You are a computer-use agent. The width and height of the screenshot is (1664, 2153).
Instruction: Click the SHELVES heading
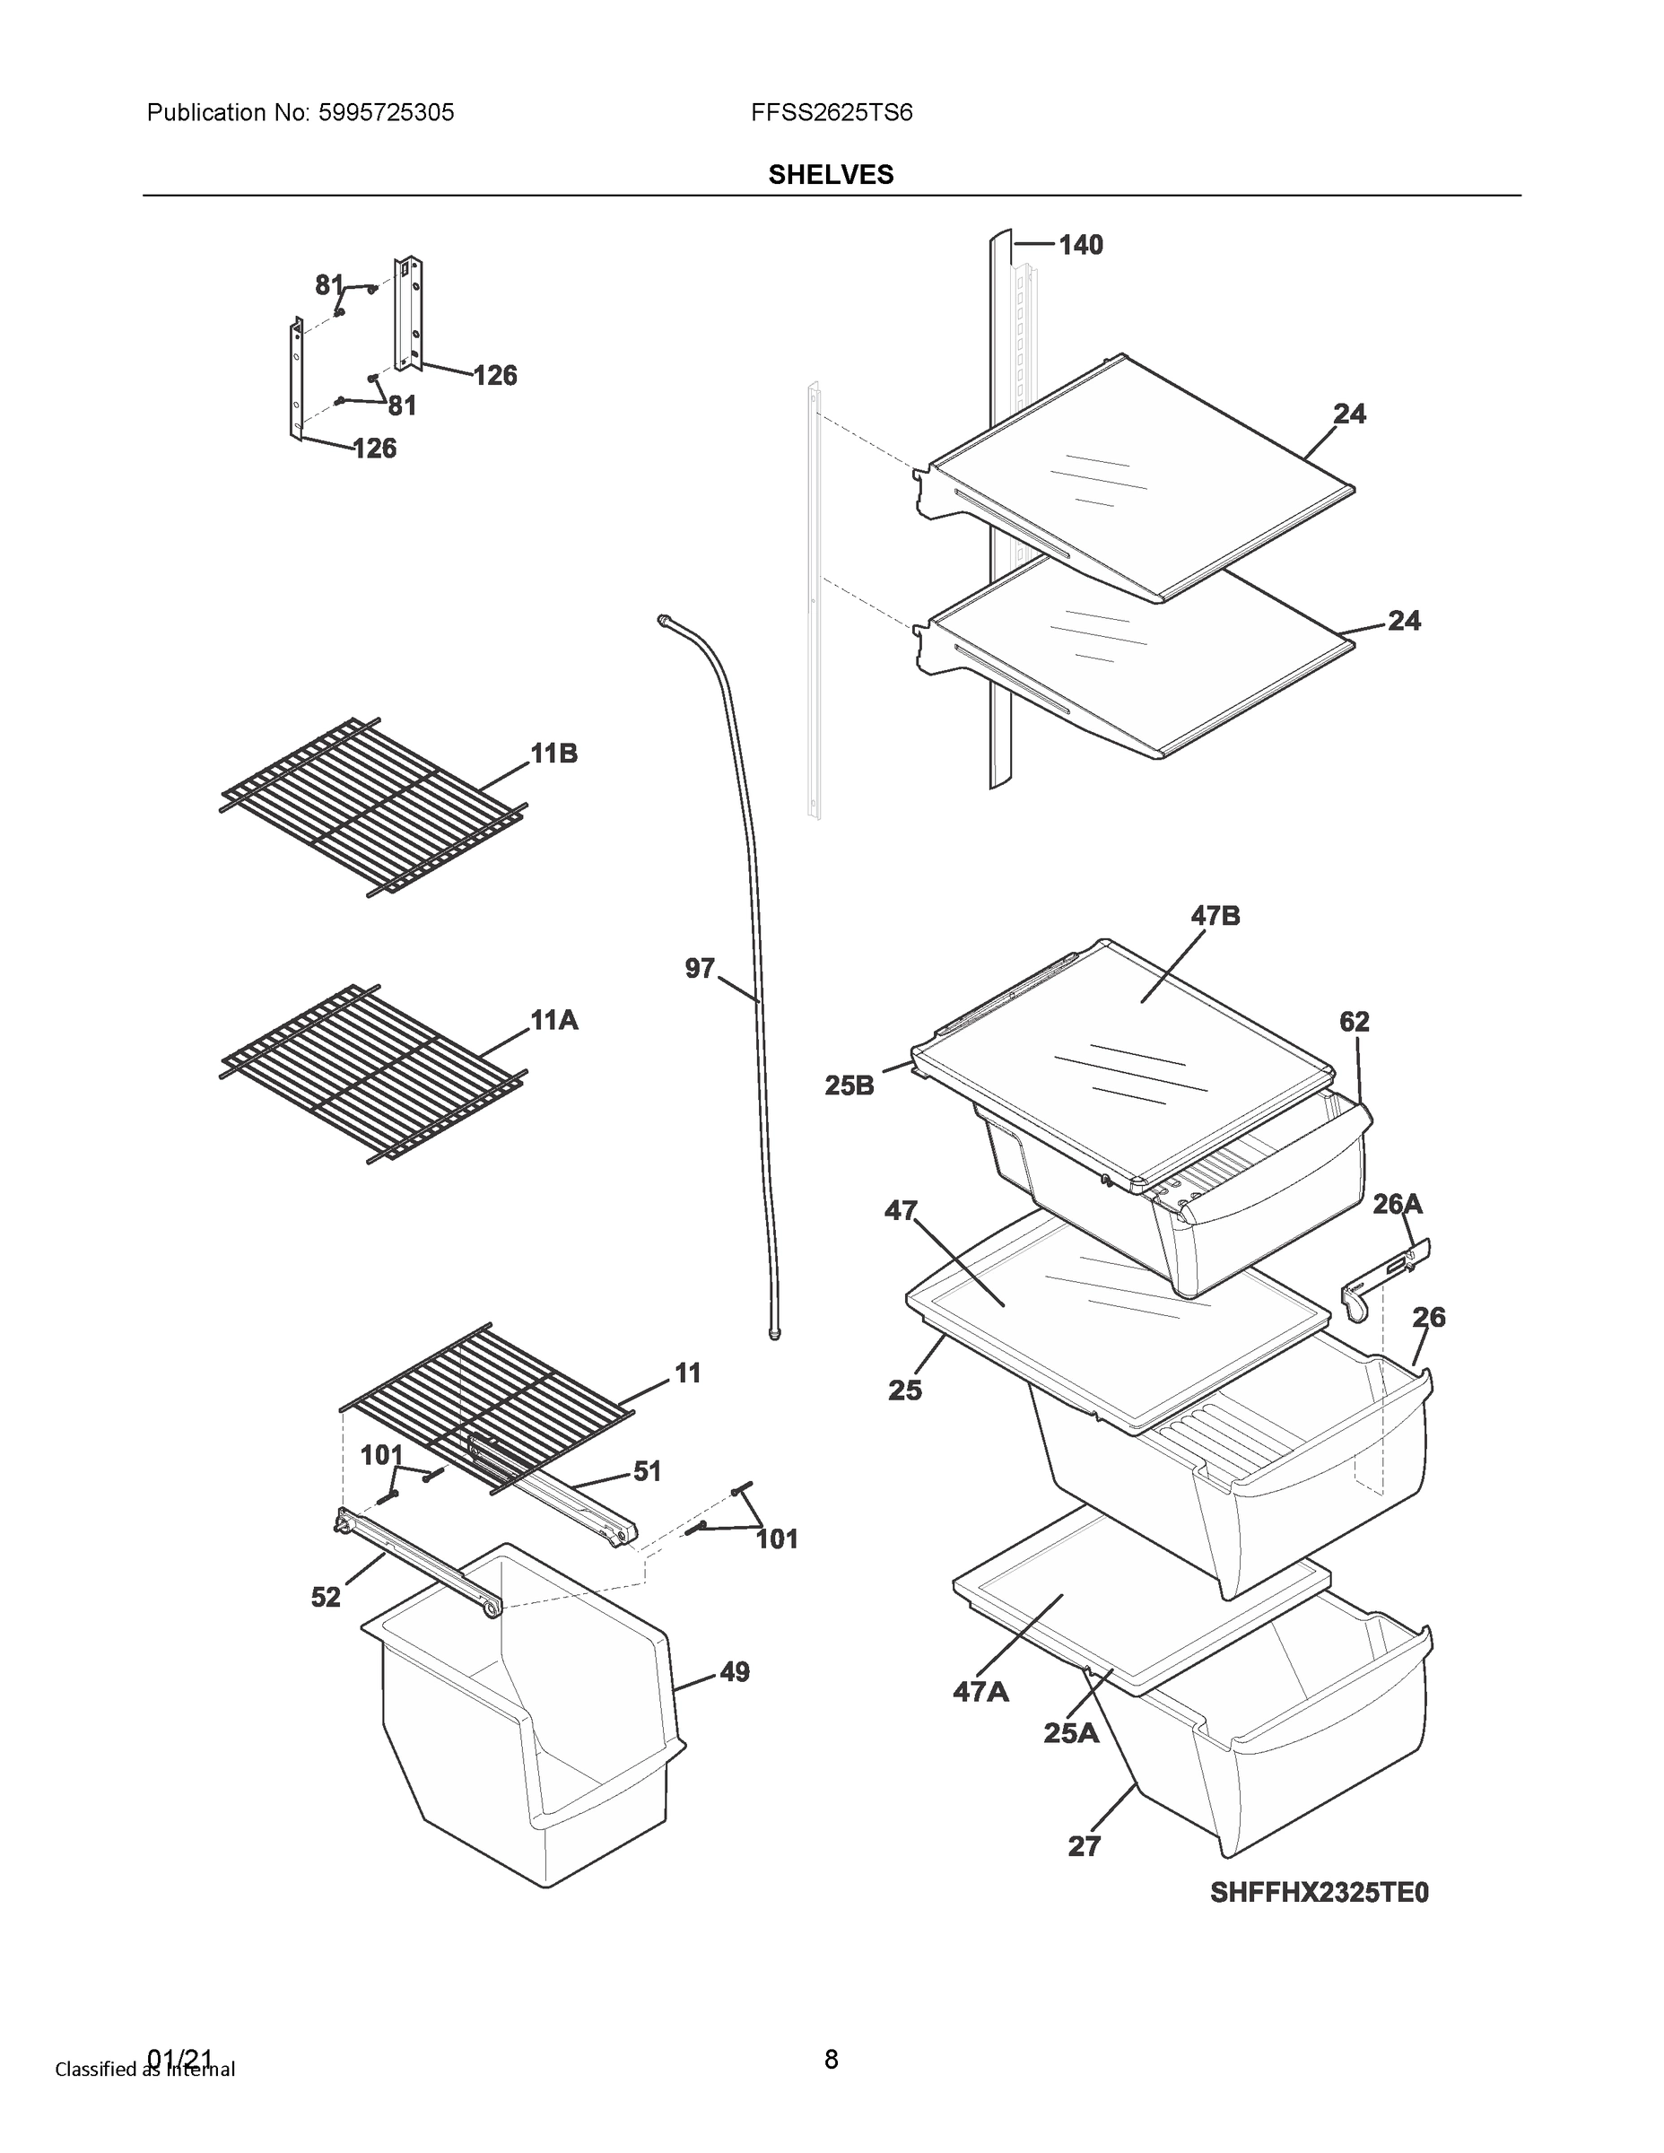coord(830,175)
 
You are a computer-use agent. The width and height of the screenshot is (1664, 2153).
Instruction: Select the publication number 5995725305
coord(386,112)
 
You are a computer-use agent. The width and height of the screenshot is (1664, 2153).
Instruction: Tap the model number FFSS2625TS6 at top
coord(831,112)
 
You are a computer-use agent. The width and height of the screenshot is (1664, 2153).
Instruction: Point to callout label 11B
coord(553,754)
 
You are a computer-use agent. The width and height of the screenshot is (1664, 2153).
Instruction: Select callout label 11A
coord(553,1020)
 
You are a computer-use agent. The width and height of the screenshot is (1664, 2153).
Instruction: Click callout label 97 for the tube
coord(699,969)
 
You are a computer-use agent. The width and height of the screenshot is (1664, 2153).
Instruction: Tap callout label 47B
coord(1215,916)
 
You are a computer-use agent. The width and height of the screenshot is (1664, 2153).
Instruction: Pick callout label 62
coord(1354,1023)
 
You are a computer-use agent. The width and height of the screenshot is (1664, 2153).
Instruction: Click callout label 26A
coord(1397,1204)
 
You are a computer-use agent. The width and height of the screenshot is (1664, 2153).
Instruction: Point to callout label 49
coord(735,1672)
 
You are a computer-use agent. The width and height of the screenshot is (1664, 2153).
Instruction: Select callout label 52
coord(326,1597)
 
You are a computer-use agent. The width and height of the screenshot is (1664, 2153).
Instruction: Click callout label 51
coord(647,1471)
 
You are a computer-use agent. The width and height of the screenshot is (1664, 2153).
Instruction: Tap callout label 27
coord(1084,1846)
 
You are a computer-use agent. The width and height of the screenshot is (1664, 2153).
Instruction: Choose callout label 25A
coord(1070,1732)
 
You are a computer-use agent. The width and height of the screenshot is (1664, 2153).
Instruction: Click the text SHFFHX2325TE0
coord(1318,1893)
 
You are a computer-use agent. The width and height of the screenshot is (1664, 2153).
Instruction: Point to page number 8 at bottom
coord(830,2059)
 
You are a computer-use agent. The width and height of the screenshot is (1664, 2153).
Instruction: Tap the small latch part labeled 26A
coord(1385,1277)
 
